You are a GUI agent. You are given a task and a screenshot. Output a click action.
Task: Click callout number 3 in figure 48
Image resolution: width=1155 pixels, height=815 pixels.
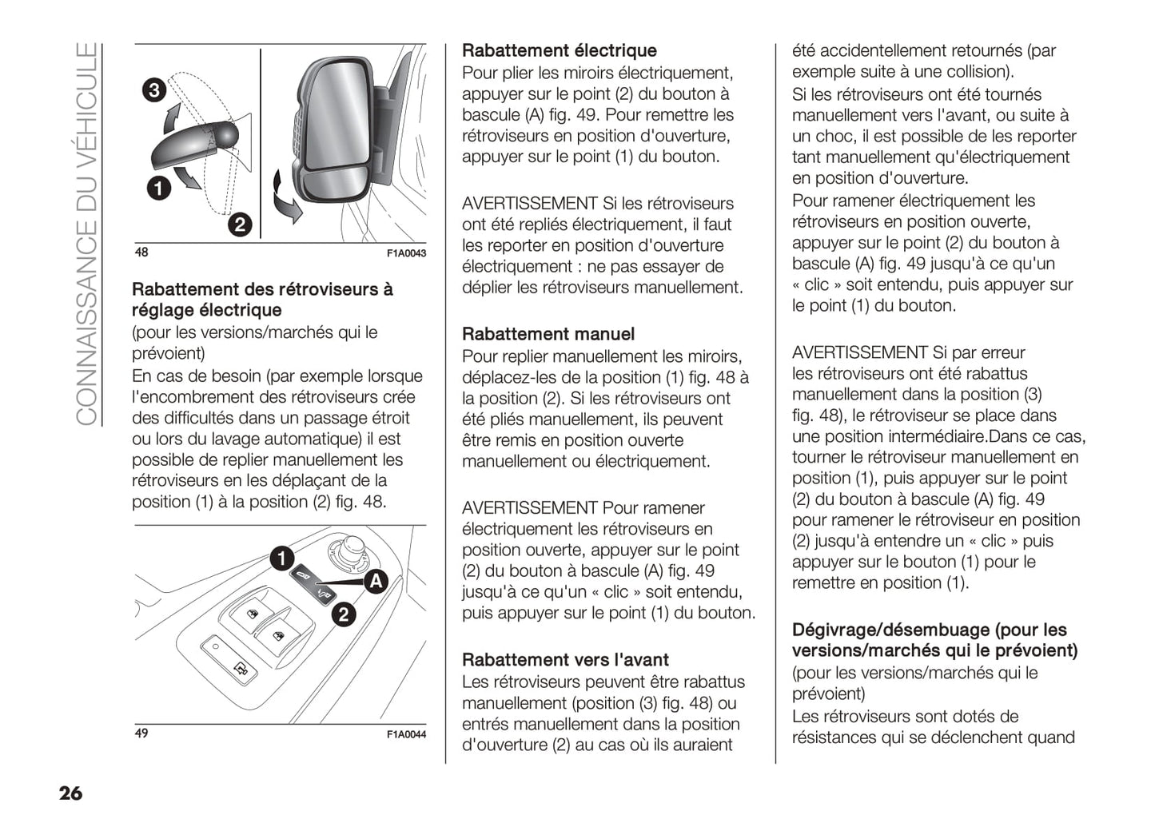(154, 89)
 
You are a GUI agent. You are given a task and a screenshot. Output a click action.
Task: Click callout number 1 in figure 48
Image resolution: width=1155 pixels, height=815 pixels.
(159, 189)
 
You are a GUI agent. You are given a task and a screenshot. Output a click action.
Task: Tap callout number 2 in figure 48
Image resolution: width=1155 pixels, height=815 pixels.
(240, 225)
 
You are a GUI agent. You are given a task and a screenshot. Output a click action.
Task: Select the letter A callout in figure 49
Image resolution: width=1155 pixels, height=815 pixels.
(375, 582)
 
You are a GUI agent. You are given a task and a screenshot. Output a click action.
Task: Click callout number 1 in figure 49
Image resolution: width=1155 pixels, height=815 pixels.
(281, 558)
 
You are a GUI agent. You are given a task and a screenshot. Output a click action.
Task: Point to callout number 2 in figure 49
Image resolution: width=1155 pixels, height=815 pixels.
(344, 614)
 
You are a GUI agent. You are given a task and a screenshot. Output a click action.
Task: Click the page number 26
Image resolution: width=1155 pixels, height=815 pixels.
(70, 793)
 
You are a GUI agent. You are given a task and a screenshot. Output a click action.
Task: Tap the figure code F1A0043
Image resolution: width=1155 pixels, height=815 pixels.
(406, 253)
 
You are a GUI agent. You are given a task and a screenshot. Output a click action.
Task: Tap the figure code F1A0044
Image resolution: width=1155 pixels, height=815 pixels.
(406, 734)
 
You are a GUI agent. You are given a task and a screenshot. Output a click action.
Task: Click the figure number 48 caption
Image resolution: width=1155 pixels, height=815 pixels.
(141, 252)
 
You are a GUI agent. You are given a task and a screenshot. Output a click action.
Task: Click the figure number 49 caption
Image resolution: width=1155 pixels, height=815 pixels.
(141, 733)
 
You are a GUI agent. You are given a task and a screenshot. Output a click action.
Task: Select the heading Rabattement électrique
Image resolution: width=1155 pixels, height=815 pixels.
(559, 50)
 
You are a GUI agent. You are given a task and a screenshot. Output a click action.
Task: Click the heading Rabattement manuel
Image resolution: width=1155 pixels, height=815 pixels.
(548, 334)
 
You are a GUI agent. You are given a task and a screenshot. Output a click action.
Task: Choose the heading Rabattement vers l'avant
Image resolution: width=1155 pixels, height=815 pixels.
(565, 660)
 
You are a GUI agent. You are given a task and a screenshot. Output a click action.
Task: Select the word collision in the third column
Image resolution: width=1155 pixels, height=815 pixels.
(979, 72)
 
